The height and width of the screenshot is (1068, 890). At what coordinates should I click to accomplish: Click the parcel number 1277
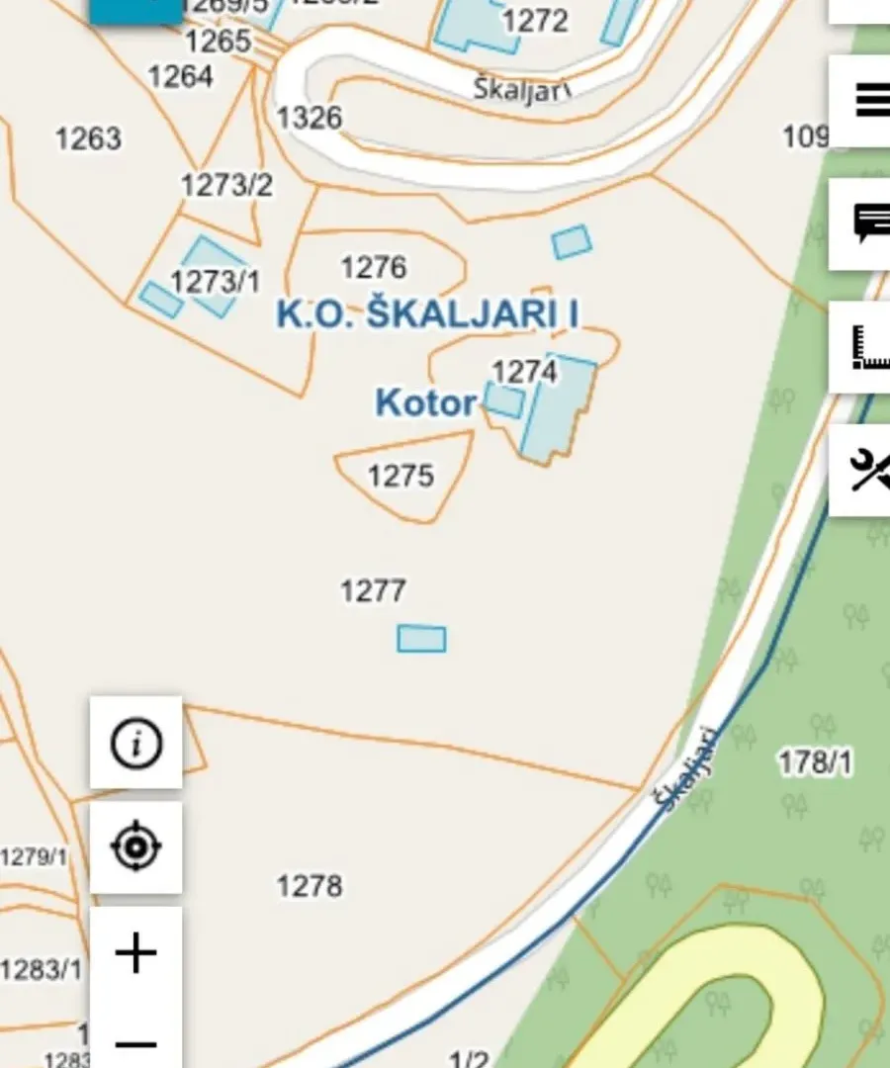(373, 591)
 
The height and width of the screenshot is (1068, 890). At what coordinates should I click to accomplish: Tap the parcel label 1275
(400, 476)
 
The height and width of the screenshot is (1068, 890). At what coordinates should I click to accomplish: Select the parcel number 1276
(373, 267)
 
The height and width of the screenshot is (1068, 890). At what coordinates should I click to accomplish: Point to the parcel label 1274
(524, 372)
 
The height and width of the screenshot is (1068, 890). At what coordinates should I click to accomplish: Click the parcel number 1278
(310, 885)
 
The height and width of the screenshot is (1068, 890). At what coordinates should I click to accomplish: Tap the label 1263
(88, 138)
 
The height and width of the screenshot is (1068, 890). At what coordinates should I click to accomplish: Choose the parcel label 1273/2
(226, 185)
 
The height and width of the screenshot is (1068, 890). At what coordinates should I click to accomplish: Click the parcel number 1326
(309, 118)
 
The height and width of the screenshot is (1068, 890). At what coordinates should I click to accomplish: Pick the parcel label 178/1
(815, 762)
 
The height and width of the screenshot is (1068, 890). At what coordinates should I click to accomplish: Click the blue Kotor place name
(425, 403)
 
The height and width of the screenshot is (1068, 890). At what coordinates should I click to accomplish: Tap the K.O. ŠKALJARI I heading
(427, 314)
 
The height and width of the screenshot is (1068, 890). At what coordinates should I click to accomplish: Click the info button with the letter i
(135, 743)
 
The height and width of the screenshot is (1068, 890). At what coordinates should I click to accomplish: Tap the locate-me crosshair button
(135, 847)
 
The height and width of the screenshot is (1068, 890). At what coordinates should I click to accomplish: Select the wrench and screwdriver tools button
(867, 470)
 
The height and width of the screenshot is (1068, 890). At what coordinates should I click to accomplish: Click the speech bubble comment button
(867, 224)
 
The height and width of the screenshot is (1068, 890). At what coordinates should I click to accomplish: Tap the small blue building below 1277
(421, 639)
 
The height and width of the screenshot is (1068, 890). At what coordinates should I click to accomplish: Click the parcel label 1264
(180, 76)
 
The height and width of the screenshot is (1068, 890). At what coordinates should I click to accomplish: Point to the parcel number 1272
(535, 20)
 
